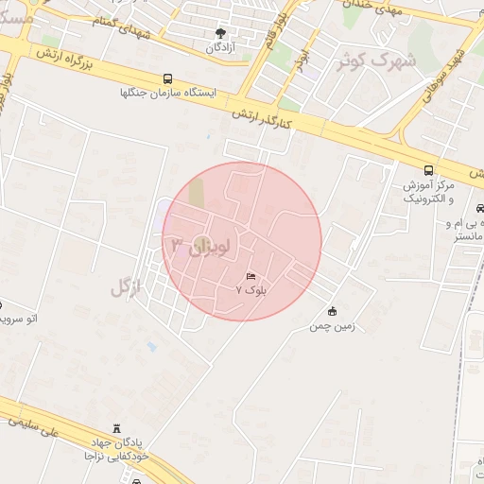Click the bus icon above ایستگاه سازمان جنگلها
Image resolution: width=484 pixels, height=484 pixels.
(x=168, y=79)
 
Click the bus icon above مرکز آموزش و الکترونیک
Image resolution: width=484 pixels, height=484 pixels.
(x=429, y=170)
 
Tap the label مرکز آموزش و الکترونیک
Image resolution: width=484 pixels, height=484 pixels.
(x=428, y=191)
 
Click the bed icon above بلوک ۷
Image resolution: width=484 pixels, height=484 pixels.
(x=251, y=276)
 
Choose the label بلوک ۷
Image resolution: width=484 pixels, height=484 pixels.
(x=251, y=290)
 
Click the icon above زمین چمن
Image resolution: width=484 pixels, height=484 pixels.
(x=332, y=312)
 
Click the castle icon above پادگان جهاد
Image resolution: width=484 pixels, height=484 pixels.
(x=117, y=429)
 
